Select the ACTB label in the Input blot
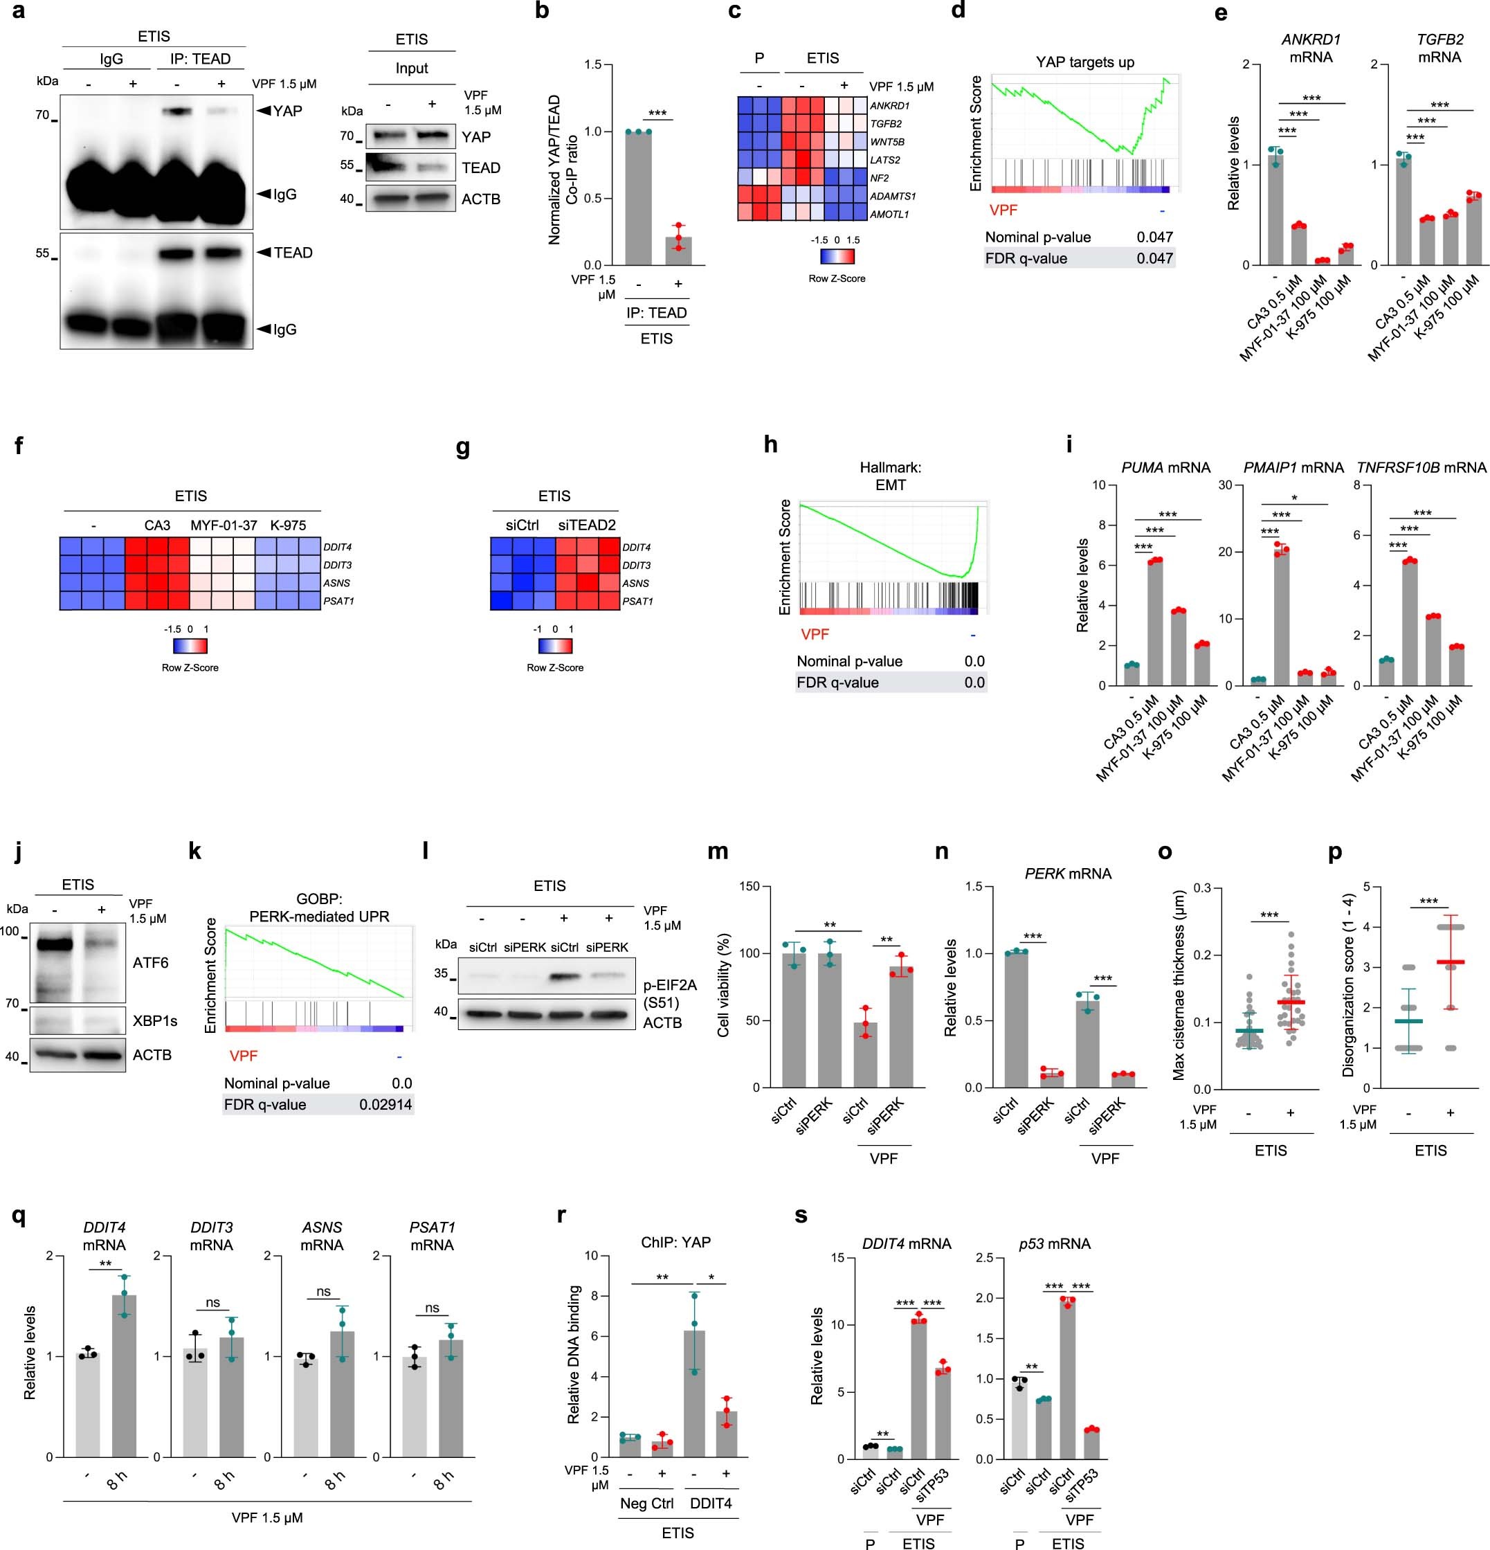[480, 199]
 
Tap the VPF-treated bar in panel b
[678, 251]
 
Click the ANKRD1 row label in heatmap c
[889, 106]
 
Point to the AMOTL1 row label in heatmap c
[889, 215]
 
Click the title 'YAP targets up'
[1084, 62]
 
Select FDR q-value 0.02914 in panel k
[385, 1104]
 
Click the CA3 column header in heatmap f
[157, 525]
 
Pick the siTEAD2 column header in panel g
[586, 525]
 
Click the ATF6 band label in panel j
[150, 962]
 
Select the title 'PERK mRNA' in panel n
[1067, 874]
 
